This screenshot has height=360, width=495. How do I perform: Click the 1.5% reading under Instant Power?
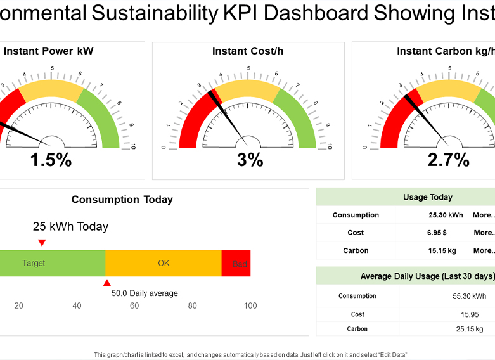51,160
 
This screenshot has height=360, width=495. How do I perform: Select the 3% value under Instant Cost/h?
250,160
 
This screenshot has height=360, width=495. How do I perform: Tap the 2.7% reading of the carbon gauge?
448,160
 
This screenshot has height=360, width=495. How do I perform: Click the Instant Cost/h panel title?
248,51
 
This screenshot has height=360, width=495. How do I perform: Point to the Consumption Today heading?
122,200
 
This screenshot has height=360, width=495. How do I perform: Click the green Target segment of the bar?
51,263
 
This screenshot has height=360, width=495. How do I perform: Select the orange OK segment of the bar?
164,263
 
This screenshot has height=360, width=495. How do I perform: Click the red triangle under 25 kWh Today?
42,243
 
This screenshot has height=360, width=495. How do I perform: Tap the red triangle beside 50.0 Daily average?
107,283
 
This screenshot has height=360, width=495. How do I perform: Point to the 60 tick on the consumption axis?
134,306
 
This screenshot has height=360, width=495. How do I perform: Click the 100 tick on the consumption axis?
250,306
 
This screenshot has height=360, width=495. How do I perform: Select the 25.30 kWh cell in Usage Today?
446,215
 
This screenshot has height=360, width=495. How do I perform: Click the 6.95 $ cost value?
437,233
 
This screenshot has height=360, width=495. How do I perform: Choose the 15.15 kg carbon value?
442,250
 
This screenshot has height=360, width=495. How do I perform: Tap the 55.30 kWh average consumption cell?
470,296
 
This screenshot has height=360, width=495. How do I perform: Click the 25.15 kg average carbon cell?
470,329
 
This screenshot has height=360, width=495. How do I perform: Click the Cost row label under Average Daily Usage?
357,314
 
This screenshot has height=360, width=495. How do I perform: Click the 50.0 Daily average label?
145,293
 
